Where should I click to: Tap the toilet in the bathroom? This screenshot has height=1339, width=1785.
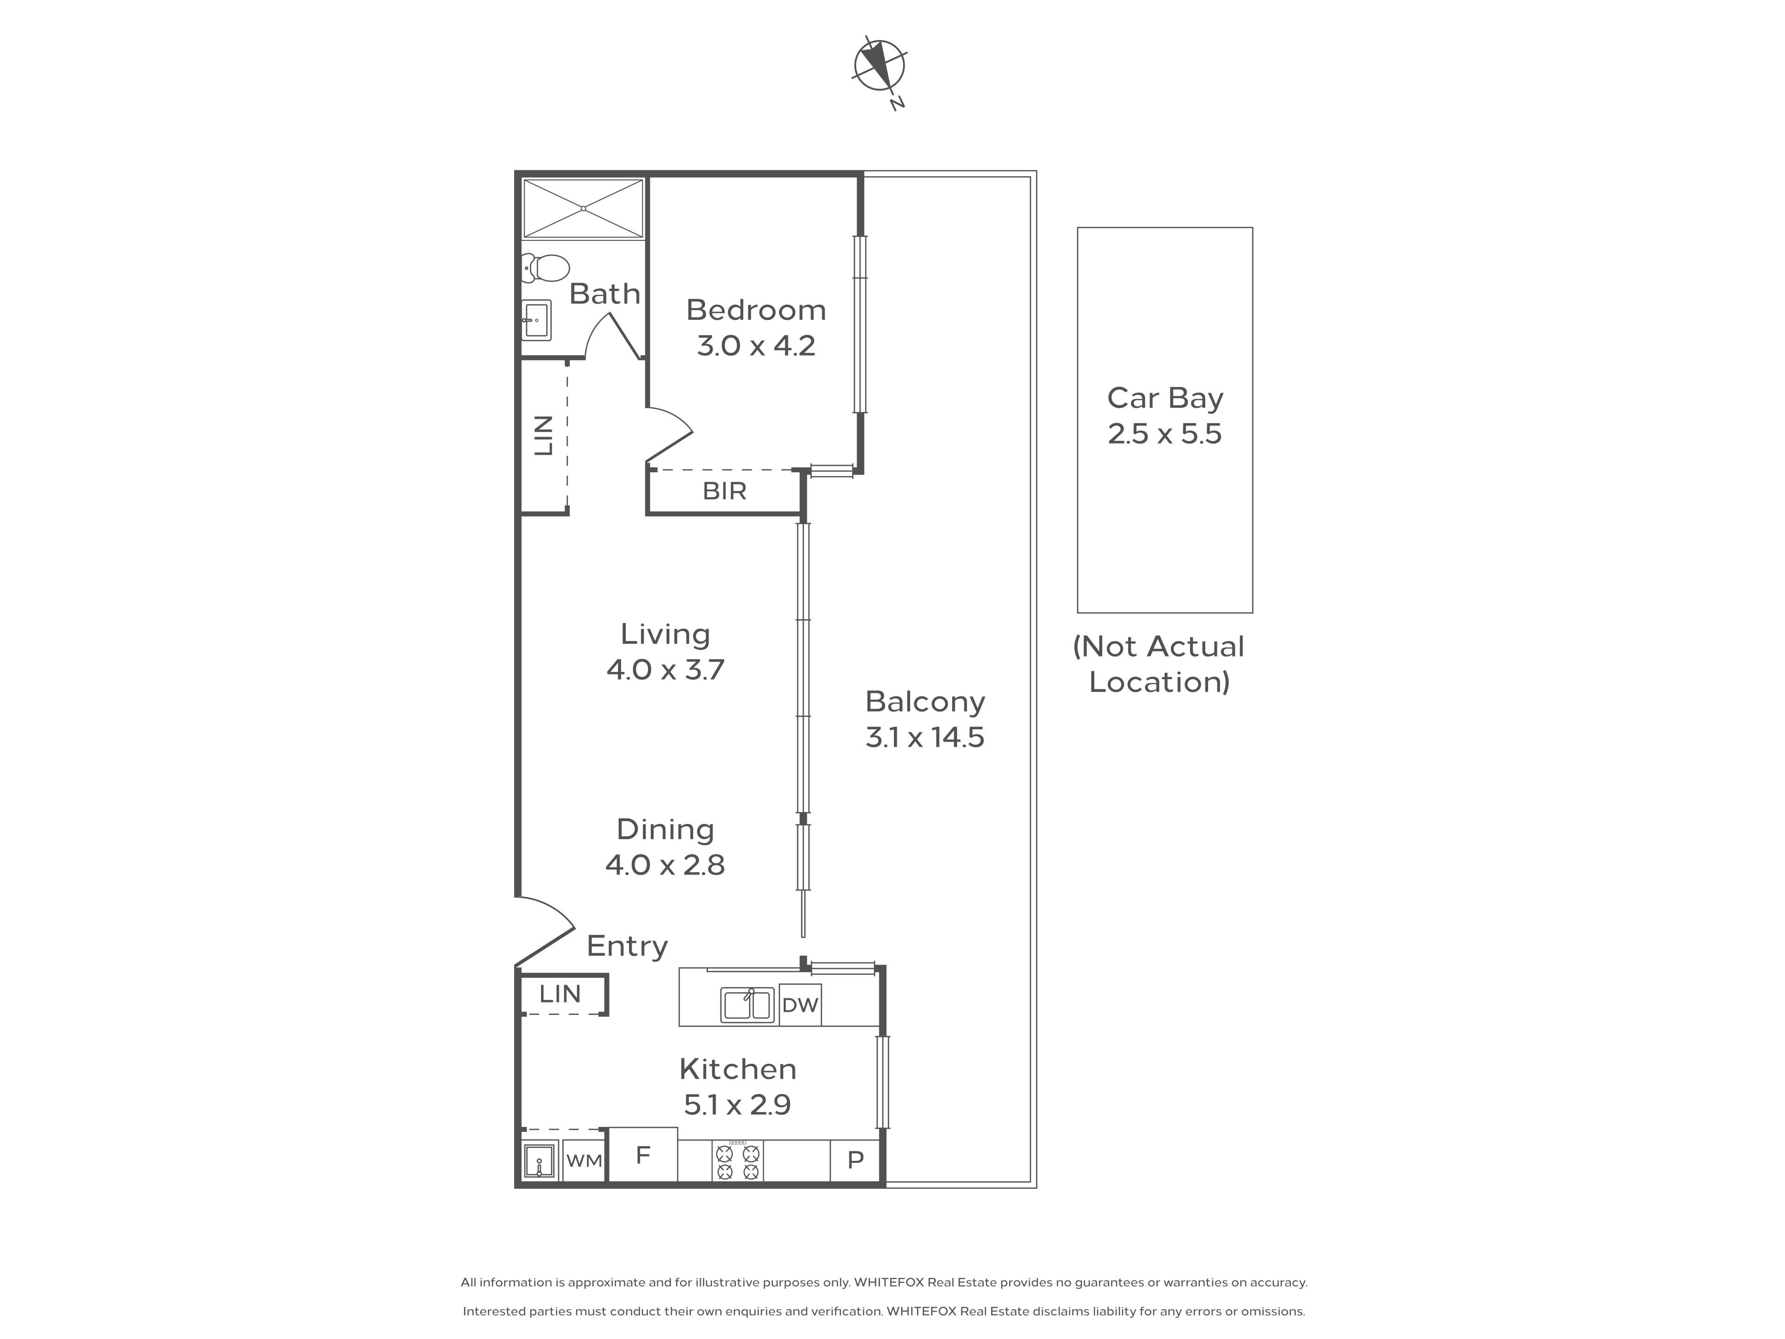click(546, 268)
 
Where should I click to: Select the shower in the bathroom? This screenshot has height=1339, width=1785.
click(583, 208)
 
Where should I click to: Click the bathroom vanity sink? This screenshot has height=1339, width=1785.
click(536, 320)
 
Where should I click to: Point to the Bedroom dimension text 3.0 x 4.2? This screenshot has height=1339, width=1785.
click(756, 346)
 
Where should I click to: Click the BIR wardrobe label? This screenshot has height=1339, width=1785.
click(725, 491)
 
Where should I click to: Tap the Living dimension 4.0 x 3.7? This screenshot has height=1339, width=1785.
click(665, 670)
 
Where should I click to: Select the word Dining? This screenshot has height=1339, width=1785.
click(665, 830)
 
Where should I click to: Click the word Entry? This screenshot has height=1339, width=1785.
click(627, 946)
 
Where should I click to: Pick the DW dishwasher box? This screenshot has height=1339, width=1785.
click(800, 1005)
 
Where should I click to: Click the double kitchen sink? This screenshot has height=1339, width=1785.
click(748, 1005)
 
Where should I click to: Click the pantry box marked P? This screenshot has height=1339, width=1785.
click(855, 1160)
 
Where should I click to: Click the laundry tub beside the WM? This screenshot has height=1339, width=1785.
click(539, 1160)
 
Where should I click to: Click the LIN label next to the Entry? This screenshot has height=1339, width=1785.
click(560, 994)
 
